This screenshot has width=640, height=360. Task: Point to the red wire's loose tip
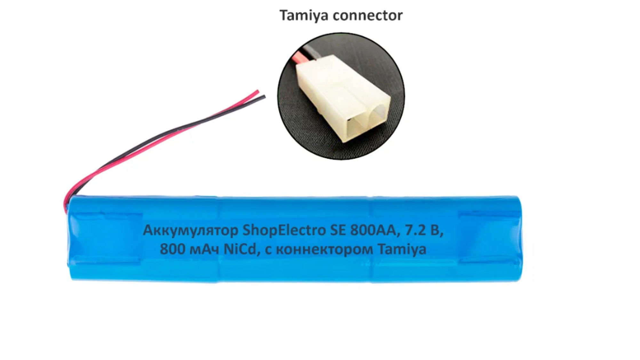(x=257, y=92)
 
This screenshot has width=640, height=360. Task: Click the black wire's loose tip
(x=264, y=97)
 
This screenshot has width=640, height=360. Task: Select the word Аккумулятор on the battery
(x=190, y=231)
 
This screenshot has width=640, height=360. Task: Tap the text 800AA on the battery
(x=373, y=231)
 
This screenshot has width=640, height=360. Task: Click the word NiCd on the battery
(x=240, y=249)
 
